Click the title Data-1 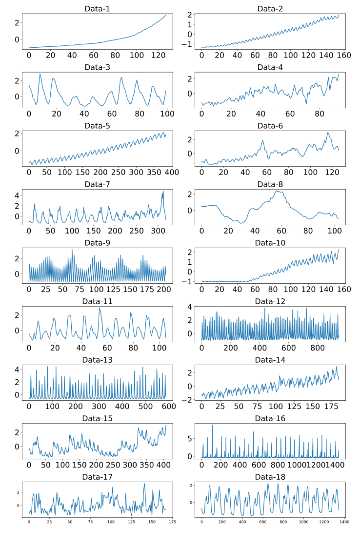click(x=97, y=9)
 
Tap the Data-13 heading click(x=97, y=360)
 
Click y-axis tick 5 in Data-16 click(x=192, y=438)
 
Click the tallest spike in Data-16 click(x=212, y=425)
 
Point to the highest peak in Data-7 click(x=163, y=191)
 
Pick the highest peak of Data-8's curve click(x=277, y=191)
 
